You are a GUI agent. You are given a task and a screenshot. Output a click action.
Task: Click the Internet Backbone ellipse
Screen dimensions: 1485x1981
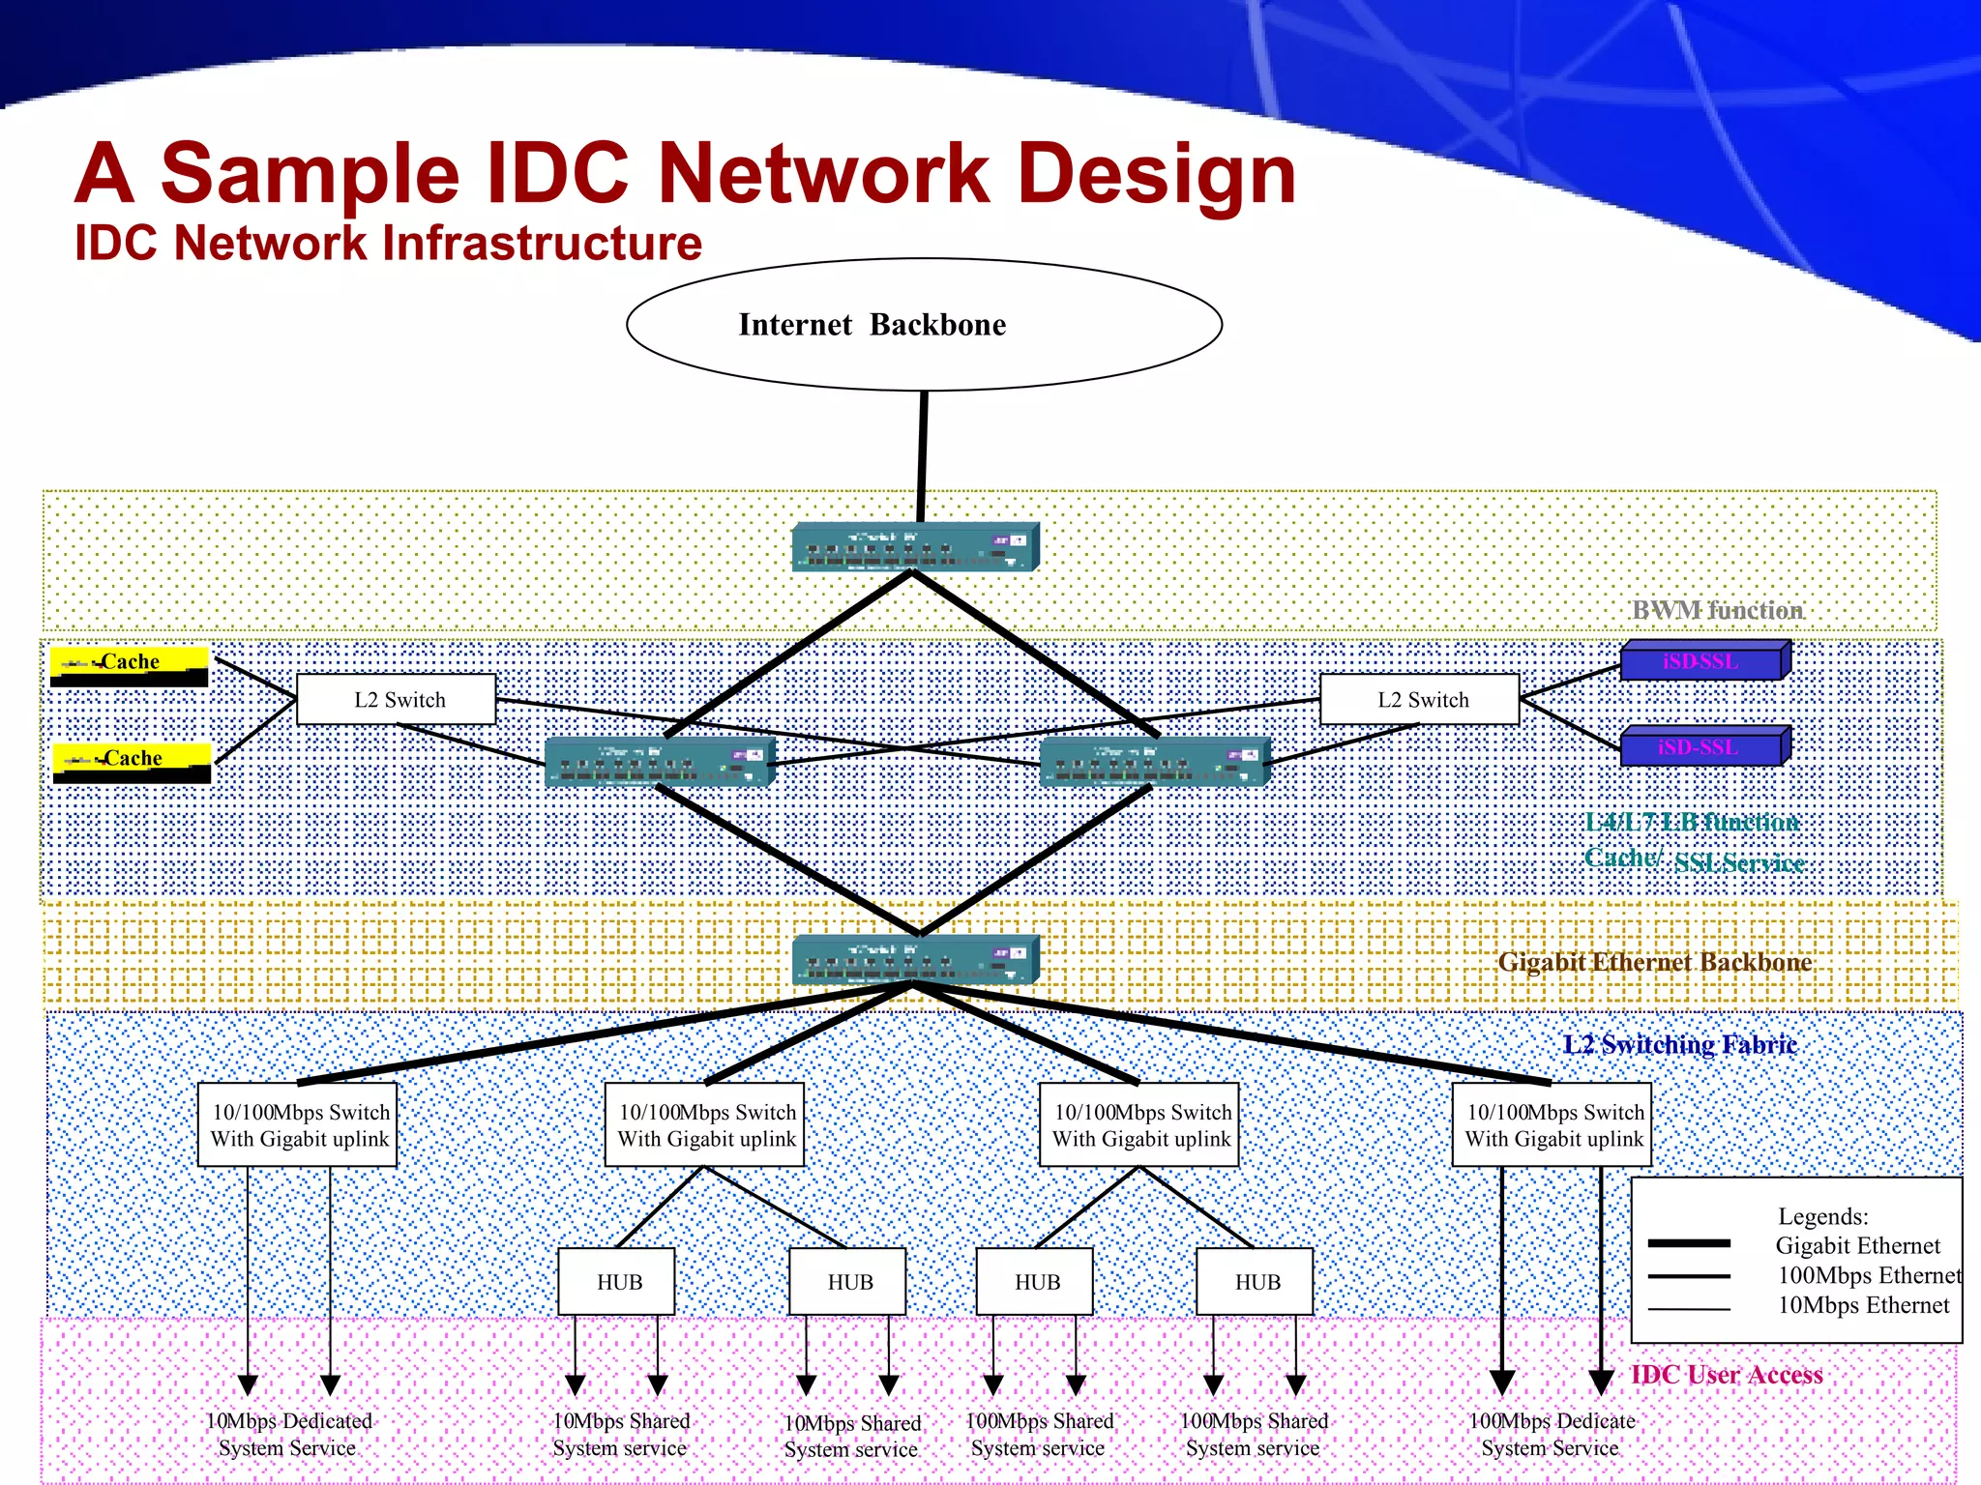(924, 325)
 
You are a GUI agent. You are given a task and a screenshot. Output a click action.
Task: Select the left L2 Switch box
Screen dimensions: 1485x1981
(396, 699)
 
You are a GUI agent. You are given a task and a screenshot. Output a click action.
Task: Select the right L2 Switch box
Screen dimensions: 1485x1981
(1419, 699)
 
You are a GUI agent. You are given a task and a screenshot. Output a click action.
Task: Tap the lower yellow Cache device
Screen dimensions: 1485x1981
(132, 762)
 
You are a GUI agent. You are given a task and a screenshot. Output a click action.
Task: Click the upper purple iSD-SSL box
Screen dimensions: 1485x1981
(1703, 661)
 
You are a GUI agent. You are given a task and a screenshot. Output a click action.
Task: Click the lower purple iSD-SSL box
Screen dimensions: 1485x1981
(1703, 747)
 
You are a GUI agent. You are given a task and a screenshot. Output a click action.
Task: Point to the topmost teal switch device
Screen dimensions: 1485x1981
(915, 547)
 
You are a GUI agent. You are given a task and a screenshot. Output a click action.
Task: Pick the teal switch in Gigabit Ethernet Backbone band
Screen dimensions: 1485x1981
(915, 959)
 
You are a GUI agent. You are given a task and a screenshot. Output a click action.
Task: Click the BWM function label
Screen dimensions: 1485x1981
(1717, 610)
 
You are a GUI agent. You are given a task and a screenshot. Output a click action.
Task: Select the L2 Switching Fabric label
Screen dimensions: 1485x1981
(1680, 1044)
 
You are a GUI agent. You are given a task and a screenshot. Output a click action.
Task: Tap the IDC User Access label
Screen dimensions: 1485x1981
(1727, 1375)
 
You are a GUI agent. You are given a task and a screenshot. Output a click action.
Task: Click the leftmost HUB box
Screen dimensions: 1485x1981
(617, 1282)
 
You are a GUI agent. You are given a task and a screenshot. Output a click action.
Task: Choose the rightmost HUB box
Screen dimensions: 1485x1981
(1256, 1282)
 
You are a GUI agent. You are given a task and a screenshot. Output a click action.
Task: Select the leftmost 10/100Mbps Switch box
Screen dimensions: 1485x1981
(298, 1124)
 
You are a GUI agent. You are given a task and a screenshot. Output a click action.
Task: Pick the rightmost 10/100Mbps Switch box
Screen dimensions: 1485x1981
(1552, 1124)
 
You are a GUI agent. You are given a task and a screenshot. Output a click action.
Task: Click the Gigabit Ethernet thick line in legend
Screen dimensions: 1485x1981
(1689, 1243)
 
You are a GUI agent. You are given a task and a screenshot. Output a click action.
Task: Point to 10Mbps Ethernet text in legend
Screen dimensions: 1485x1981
(1863, 1305)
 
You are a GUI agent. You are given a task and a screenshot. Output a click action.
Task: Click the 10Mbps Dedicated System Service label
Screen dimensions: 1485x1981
(288, 1434)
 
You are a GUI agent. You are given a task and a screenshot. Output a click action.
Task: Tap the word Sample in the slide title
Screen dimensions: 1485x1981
(310, 174)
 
